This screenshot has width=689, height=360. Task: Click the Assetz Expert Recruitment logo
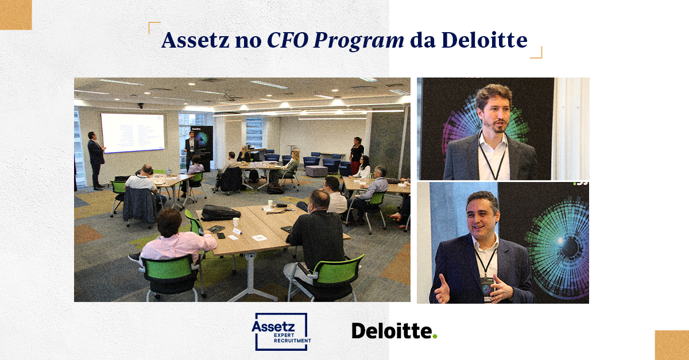[x=281, y=331]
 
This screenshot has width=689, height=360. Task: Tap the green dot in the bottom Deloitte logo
[x=435, y=336]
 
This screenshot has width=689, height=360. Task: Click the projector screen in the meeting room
[x=132, y=133]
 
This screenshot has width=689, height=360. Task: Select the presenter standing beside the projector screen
[x=95, y=158]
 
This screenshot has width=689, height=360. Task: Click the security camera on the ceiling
[x=141, y=106]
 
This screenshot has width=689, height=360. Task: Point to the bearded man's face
[x=493, y=110]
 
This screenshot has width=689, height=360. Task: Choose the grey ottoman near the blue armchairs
[x=316, y=171]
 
